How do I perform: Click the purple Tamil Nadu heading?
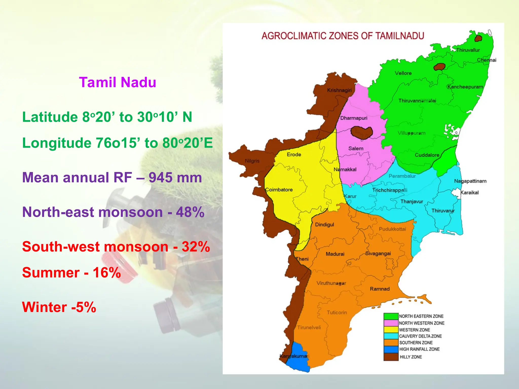pos(118,83)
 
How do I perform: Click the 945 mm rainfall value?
pos(175,178)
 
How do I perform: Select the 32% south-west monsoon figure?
pos(196,247)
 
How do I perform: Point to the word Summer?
pos(51,273)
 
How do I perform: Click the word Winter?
pos(44,307)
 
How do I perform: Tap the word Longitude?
pos(57,143)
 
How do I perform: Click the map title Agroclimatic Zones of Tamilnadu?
pos(343,36)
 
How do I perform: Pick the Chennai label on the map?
pos(487,60)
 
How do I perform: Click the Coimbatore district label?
pos(279,190)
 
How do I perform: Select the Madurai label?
pos(335,254)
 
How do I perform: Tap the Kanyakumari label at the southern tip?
pos(294,356)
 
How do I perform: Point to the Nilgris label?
pos(252,161)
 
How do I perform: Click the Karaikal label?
pos(470,192)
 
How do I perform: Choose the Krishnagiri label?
pos(339,90)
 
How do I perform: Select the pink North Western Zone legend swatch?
pos(391,323)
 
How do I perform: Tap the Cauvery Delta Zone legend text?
pos(420,336)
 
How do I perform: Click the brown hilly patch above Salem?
pos(362,132)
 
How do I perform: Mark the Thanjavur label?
pos(412,202)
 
